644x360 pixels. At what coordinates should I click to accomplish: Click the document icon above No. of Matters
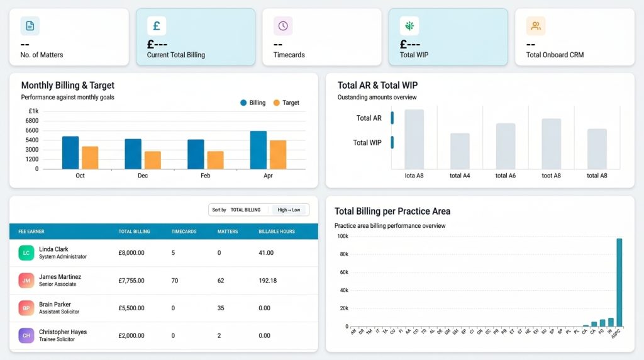click(30, 26)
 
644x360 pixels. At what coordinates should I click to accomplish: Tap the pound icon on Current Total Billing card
click(157, 26)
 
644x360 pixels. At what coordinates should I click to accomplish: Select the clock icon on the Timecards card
click(283, 26)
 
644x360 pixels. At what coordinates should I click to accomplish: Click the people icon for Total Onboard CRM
click(536, 26)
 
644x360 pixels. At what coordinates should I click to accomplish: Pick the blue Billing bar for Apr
click(258, 150)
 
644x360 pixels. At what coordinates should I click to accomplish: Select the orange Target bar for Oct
click(90, 157)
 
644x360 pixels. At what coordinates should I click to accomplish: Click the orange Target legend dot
click(276, 103)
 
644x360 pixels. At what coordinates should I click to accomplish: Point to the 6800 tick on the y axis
click(32, 121)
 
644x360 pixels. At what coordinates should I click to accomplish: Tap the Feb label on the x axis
click(205, 176)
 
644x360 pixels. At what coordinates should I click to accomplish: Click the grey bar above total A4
click(460, 151)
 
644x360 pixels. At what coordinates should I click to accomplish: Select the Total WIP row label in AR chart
click(367, 143)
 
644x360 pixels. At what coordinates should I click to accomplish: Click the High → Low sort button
click(289, 210)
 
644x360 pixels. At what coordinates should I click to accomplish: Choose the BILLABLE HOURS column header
click(277, 232)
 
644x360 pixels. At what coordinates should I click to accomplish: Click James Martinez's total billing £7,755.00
click(131, 281)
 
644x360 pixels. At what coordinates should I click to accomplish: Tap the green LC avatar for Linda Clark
click(26, 253)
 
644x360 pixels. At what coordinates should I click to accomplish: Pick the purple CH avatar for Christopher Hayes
click(26, 335)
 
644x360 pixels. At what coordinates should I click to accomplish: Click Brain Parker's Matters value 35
click(221, 308)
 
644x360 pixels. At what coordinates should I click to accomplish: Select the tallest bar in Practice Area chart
click(619, 282)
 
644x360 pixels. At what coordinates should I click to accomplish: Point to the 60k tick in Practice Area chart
click(344, 273)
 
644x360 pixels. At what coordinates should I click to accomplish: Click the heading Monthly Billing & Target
click(68, 86)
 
